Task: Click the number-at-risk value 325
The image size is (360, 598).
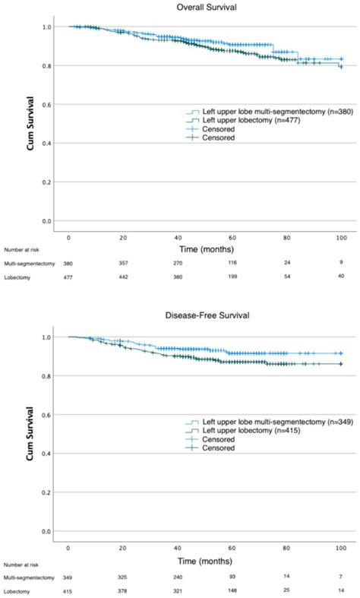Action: click(123, 571)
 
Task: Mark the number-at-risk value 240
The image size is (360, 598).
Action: click(178, 571)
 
